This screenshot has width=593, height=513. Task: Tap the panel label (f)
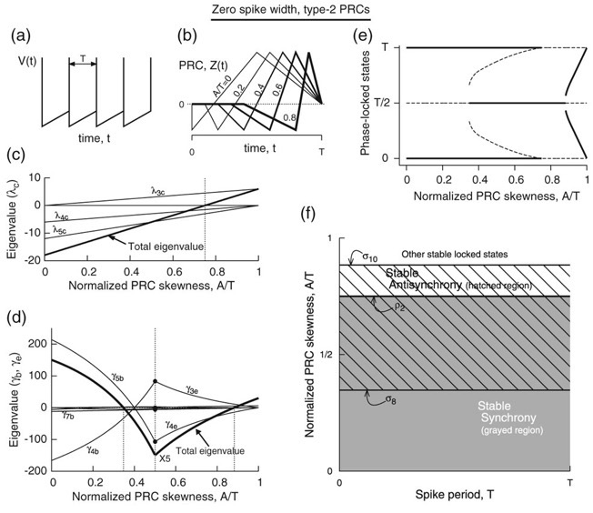[311, 218]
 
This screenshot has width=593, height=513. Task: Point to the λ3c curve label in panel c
[161, 191]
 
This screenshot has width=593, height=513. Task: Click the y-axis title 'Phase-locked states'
[365, 102]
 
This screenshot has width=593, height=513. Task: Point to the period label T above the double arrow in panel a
[80, 55]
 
